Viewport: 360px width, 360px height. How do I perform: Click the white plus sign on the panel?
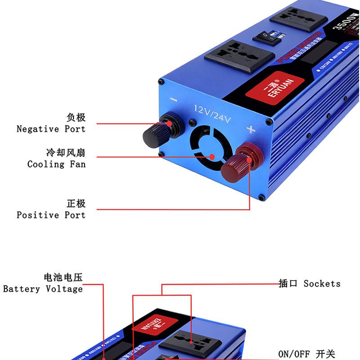click(x=251, y=130)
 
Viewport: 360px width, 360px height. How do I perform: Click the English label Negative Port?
click(x=51, y=129)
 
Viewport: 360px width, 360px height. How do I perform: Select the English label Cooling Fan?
click(x=56, y=164)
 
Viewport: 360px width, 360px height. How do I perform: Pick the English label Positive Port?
click(x=51, y=215)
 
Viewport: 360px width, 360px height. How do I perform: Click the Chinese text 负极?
click(x=76, y=118)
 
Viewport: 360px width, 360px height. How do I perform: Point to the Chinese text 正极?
click(x=76, y=204)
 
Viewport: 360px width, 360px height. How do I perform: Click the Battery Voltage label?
click(x=43, y=289)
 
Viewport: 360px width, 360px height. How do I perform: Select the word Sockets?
click(x=322, y=283)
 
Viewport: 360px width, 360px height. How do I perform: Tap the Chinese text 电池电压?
click(x=63, y=277)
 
